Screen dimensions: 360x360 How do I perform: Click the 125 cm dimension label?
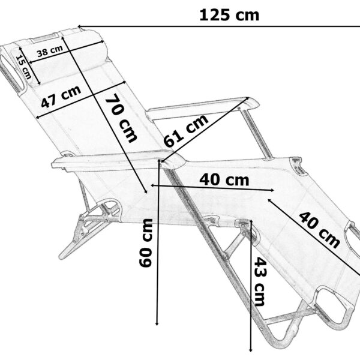click(x=229, y=16)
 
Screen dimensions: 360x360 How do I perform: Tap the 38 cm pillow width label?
click(x=50, y=51)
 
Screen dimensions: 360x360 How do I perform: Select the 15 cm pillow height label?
click(x=23, y=67)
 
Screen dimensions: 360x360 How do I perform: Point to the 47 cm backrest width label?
click(x=61, y=97)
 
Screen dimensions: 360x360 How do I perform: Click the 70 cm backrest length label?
click(x=121, y=118)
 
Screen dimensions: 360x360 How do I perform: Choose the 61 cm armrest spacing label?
click(x=186, y=131)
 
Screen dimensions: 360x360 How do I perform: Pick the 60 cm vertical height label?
click(x=146, y=243)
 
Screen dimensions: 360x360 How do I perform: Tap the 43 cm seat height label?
click(x=260, y=281)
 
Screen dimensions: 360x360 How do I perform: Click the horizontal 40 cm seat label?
click(x=224, y=180)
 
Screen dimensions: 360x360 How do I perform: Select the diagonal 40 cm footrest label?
click(x=319, y=230)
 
